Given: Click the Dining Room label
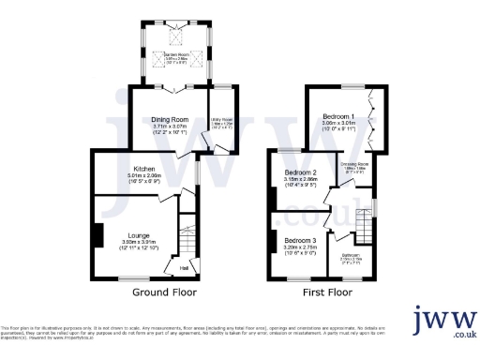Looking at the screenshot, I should (x=171, y=120).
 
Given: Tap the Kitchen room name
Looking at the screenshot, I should (x=143, y=169).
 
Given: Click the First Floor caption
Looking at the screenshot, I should (x=326, y=292).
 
